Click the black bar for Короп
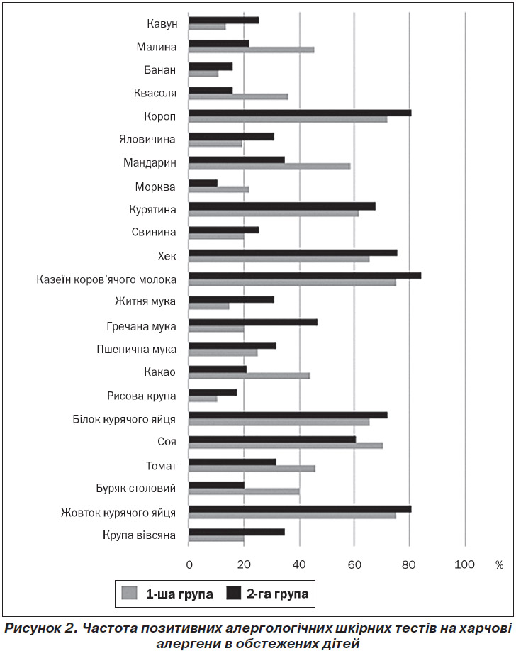coord(300,113)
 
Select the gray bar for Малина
coord(251,50)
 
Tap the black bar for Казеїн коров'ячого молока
coord(305,276)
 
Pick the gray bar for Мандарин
coord(269,167)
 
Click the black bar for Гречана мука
coord(253,322)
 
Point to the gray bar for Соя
coord(286,445)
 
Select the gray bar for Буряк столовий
coord(244,491)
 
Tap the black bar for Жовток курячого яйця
coord(300,509)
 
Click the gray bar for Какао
coord(249,376)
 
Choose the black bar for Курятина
coord(282,206)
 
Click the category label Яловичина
coord(147,139)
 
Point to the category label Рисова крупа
coord(142,396)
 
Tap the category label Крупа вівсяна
coord(140,535)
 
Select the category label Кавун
coord(162,23)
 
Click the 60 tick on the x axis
coord(354,564)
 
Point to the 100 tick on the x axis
coord(464,564)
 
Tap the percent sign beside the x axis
coord(500,565)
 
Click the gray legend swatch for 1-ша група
coord(130,593)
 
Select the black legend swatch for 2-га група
coord(233,593)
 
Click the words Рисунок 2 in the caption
coord(40,628)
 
